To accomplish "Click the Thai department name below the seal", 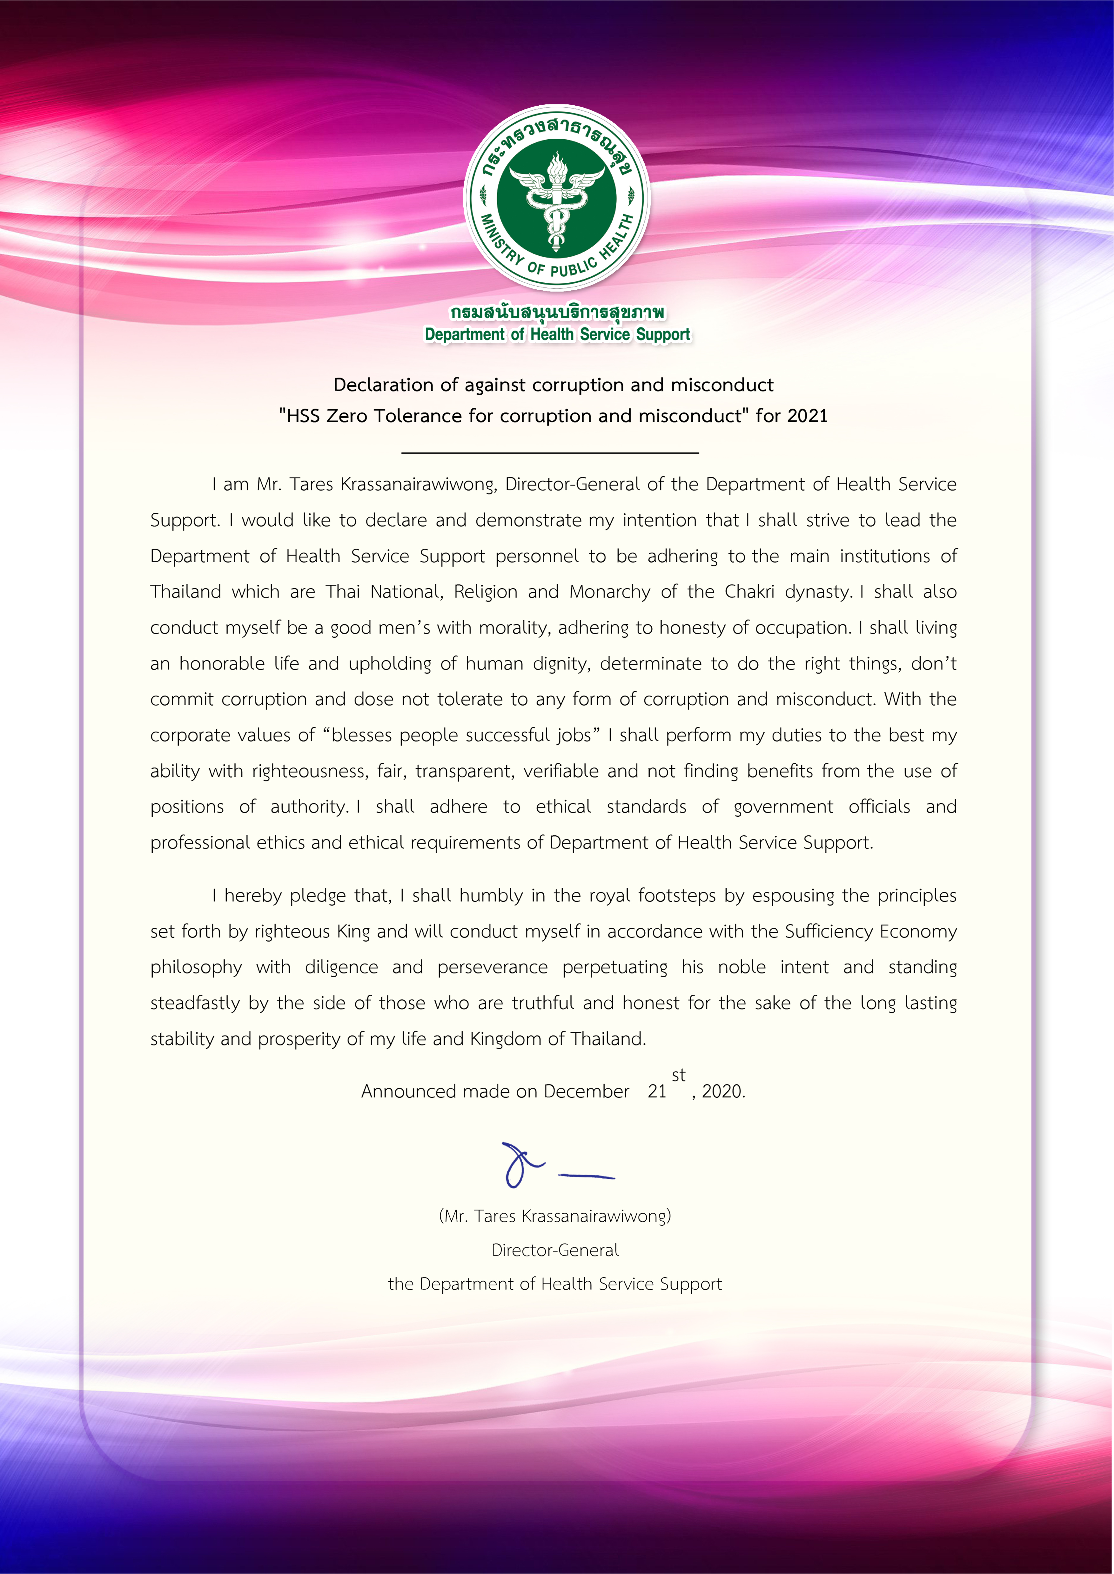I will point(557,313).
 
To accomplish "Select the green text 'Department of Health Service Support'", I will point(557,334).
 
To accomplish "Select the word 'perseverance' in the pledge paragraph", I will point(493,967).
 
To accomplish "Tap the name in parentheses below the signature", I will point(555,1216).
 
